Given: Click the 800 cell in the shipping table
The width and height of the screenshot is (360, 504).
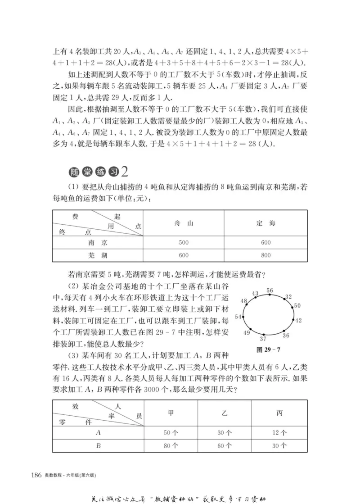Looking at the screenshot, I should [265, 255].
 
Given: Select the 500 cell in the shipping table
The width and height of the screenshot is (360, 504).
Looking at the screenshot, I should [184, 242].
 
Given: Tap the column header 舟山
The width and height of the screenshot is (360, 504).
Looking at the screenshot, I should [184, 223].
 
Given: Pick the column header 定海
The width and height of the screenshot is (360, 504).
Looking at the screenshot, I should [265, 223].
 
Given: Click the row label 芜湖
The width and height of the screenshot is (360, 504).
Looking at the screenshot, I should [98, 255].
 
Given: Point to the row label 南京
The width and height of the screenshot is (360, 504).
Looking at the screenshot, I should [98, 242].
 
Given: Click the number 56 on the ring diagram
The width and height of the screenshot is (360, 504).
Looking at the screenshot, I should [270, 291].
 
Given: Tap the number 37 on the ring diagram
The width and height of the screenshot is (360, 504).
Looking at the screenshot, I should [264, 339].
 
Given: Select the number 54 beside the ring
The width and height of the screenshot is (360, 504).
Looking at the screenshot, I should [238, 317].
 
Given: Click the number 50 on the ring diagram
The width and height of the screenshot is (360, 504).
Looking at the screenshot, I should [297, 306].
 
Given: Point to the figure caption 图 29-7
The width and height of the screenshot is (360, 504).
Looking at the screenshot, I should [268, 350].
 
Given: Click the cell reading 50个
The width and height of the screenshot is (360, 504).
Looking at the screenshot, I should [171, 433].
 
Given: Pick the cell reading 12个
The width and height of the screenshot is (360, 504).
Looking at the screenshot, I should [279, 433].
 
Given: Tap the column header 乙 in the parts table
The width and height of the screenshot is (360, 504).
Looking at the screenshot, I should [225, 413].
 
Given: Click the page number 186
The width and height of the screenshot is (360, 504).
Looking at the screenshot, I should [36, 475].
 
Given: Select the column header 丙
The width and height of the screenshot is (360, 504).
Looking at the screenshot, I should [279, 413].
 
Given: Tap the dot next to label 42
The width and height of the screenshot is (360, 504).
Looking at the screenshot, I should [293, 321].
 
